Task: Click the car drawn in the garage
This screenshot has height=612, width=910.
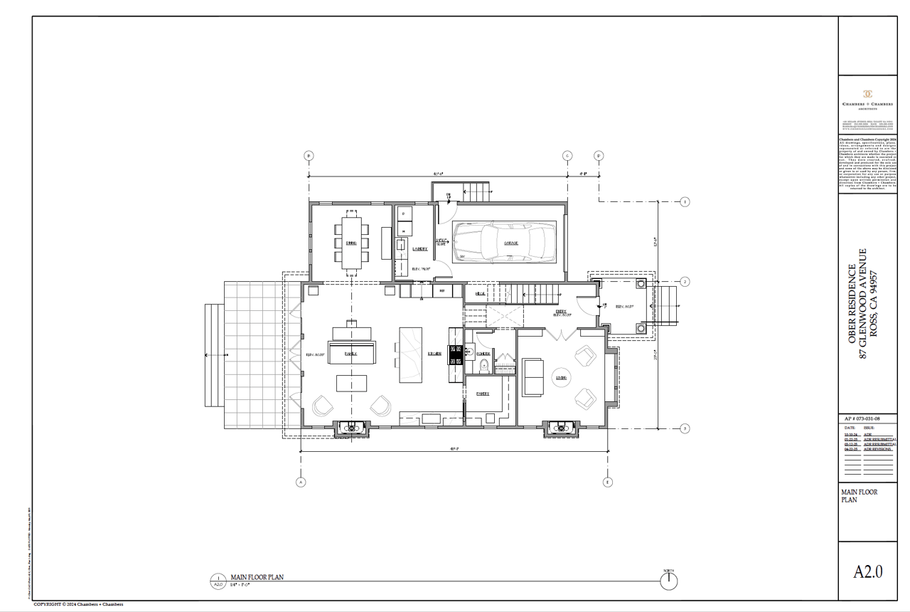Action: point(505,242)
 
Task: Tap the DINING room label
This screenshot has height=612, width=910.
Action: point(351,243)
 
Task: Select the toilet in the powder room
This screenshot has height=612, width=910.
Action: point(484,366)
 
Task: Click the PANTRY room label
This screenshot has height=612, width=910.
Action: point(483,394)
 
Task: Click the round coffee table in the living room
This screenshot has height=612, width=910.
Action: point(561,378)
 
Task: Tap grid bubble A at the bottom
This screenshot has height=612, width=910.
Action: point(300,482)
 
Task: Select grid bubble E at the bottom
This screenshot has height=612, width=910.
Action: point(608,482)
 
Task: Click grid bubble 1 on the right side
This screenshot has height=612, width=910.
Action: point(685,202)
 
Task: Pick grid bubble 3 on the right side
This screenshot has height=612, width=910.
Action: point(685,428)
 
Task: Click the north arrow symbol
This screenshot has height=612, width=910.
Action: point(668,581)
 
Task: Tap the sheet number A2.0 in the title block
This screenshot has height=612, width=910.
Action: point(867,571)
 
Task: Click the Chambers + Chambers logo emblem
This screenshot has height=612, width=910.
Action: point(867,94)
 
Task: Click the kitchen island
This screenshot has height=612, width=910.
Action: point(411,354)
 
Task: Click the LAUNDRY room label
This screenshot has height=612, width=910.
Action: point(419,249)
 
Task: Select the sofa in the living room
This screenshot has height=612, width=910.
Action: point(530,377)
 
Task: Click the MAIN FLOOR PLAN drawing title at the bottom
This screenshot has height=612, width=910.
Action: point(257,577)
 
